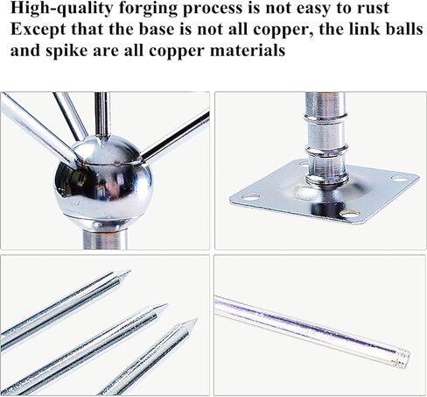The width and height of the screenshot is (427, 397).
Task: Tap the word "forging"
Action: (148, 9)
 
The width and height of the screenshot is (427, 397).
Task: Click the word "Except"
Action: (38, 30)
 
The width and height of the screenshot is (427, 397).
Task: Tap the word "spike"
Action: (66, 51)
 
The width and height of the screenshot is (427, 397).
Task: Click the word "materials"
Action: (248, 51)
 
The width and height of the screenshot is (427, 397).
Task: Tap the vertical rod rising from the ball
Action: (102, 116)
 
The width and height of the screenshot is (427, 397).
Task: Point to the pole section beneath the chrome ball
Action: (104, 239)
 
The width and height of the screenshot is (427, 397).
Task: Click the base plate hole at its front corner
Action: (349, 215)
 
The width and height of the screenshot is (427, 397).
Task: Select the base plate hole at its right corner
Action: (400, 178)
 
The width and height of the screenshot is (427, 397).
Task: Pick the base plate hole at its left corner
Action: (250, 197)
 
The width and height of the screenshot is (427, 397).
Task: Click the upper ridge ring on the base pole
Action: (325, 118)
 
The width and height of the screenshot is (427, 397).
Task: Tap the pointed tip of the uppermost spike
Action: (129, 272)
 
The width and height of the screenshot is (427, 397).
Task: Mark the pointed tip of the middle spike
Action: (168, 304)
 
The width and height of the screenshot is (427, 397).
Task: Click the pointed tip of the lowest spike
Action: (196, 320)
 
